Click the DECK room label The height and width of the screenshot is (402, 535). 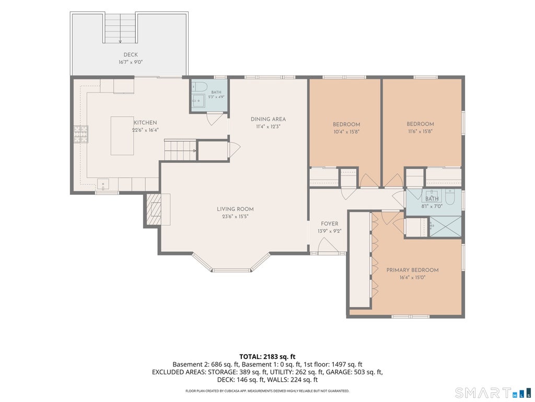[x=131, y=54]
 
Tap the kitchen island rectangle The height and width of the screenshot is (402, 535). [x=122, y=136]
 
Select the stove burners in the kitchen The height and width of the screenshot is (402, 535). [x=80, y=134]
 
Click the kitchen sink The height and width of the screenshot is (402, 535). [x=103, y=184]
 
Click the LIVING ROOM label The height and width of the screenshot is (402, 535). [x=235, y=209]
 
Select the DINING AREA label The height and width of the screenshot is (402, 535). [x=268, y=119]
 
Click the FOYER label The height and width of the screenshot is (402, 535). [x=329, y=224]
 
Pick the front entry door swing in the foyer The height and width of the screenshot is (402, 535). [x=326, y=245]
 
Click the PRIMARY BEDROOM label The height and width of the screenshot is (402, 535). [x=413, y=270]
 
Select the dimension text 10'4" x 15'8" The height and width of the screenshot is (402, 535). [x=346, y=131]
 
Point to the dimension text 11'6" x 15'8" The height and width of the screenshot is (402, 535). [x=420, y=131]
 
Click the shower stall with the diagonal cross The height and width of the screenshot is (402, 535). [x=445, y=226]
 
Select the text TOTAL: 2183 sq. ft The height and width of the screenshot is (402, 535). [x=267, y=357]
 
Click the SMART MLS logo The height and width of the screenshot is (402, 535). [x=493, y=392]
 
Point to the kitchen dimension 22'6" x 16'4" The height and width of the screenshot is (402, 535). [x=145, y=130]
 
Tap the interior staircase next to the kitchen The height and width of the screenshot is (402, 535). [x=180, y=150]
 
